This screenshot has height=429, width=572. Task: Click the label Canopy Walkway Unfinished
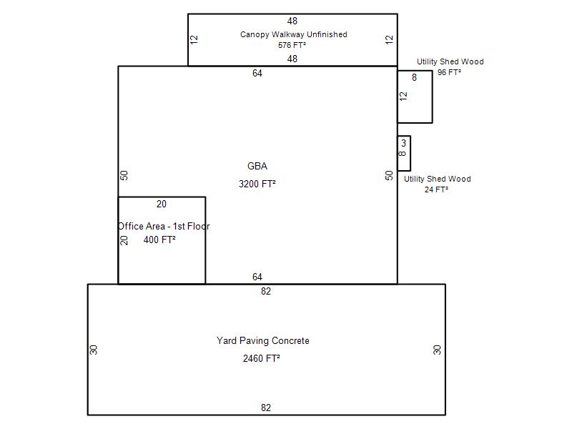[294, 34]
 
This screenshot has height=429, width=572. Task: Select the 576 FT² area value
[292, 45]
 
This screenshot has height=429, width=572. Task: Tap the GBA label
[257, 166]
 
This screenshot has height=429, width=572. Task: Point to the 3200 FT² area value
[257, 184]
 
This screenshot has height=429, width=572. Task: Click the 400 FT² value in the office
[159, 240]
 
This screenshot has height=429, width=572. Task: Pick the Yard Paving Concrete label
[263, 341]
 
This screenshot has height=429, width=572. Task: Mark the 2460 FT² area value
[262, 359]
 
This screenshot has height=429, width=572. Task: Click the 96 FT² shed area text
[449, 72]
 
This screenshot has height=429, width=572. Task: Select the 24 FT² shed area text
[436, 189]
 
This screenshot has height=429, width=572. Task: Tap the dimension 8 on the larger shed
[415, 77]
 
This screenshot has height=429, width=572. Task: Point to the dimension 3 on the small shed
[403, 143]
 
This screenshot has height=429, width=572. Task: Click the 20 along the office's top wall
[162, 204]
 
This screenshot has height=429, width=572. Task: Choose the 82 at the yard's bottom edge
[266, 408]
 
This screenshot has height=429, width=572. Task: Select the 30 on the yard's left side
[94, 350]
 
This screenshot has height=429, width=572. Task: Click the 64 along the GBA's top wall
[257, 74]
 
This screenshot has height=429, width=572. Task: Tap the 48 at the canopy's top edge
[292, 21]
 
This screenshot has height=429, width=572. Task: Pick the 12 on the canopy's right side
[390, 39]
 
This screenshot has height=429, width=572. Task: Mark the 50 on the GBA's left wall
[124, 175]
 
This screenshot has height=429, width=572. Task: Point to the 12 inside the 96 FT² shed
[403, 97]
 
